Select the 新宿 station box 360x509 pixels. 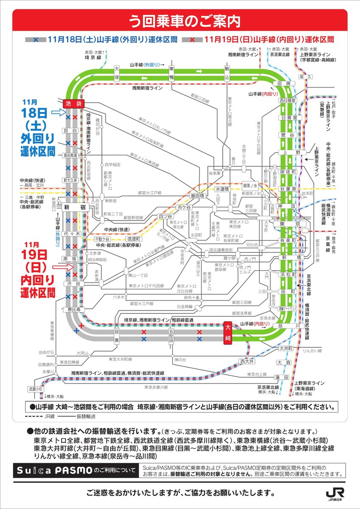73,208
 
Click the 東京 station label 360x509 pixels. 287,224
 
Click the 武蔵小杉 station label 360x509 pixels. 36,389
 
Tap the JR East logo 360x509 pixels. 335,493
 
